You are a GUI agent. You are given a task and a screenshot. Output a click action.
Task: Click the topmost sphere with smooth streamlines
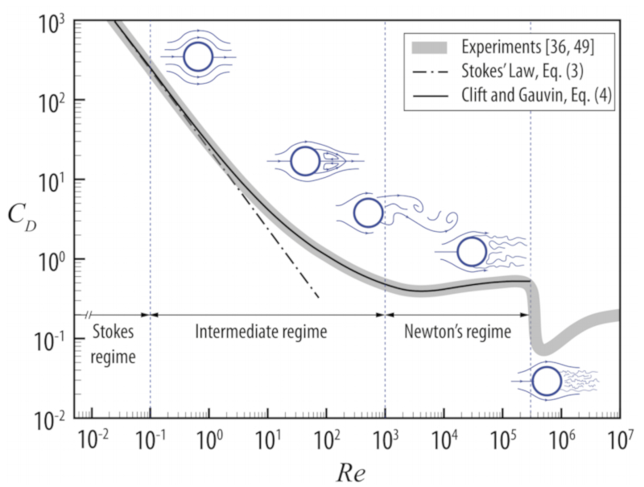(x=198, y=57)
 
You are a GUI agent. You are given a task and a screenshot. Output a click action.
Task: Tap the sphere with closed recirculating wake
(x=306, y=161)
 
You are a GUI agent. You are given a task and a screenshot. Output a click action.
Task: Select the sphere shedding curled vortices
(x=368, y=213)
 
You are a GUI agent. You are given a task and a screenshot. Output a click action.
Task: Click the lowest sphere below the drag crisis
(x=547, y=382)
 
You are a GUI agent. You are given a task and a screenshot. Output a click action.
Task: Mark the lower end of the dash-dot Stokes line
(x=320, y=298)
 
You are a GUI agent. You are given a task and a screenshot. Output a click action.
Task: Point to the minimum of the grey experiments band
(x=543, y=349)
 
